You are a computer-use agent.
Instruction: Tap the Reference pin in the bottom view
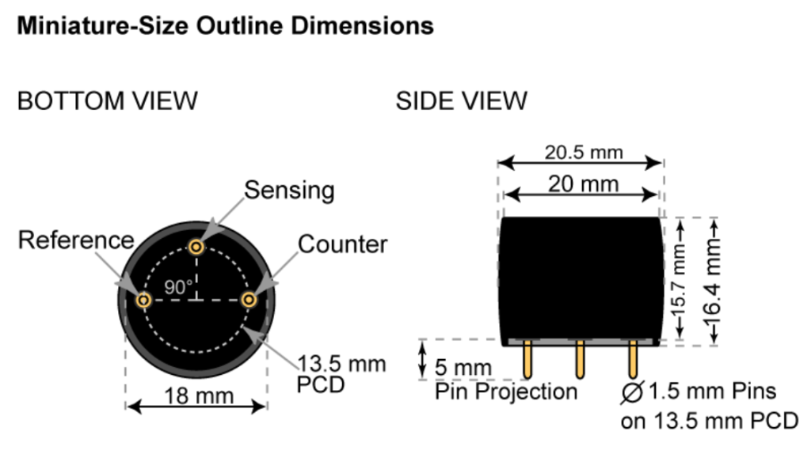(144, 301)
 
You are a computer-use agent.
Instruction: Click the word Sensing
(289, 191)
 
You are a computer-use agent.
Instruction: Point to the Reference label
(76, 240)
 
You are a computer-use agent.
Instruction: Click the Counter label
(343, 244)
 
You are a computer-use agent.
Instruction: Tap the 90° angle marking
(179, 286)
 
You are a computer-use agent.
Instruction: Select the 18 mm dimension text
(197, 395)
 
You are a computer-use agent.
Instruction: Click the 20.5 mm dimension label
(584, 151)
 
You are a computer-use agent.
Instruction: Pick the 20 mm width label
(584, 184)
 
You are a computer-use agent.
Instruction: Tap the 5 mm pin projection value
(463, 368)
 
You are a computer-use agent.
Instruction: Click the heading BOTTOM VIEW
(107, 101)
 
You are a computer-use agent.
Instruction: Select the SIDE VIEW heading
(461, 101)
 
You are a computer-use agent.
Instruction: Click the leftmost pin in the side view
(526, 361)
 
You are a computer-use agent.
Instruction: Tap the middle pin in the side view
(580, 361)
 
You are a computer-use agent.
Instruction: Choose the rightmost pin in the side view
(633, 361)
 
